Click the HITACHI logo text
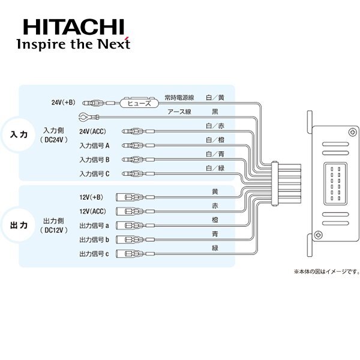[x=73, y=26]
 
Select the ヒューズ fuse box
[x=139, y=103]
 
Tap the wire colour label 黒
[x=215, y=112]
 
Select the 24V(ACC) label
[x=94, y=131]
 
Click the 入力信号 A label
[x=94, y=145]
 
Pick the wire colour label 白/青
[x=215, y=154]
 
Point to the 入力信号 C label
[x=94, y=174]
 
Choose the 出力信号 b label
[x=94, y=240]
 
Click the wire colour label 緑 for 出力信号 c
[x=215, y=248]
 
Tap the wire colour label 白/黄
[x=215, y=97]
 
